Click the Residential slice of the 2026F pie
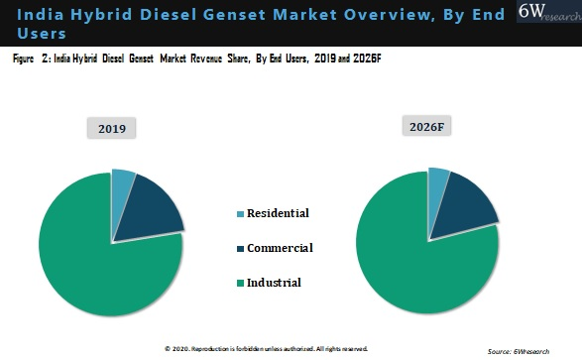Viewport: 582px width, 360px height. coord(438,183)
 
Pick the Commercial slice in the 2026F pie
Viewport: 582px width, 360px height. coord(469,203)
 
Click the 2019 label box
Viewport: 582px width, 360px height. coord(111,129)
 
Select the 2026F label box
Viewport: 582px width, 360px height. coord(427,125)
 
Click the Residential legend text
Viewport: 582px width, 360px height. coord(278,213)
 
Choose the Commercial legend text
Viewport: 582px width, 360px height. coord(280,248)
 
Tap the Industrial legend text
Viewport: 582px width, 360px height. coord(274,283)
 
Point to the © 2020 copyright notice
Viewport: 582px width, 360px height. coord(266,349)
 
